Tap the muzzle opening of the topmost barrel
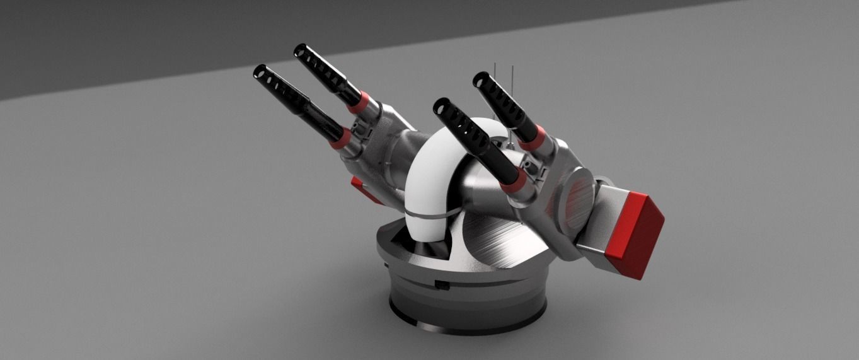pyautogui.click(x=300, y=50)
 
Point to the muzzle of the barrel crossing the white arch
pyautogui.click(x=440, y=105)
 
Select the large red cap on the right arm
pyautogui.click(x=637, y=235)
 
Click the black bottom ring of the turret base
pyautogui.click(x=466, y=322)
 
